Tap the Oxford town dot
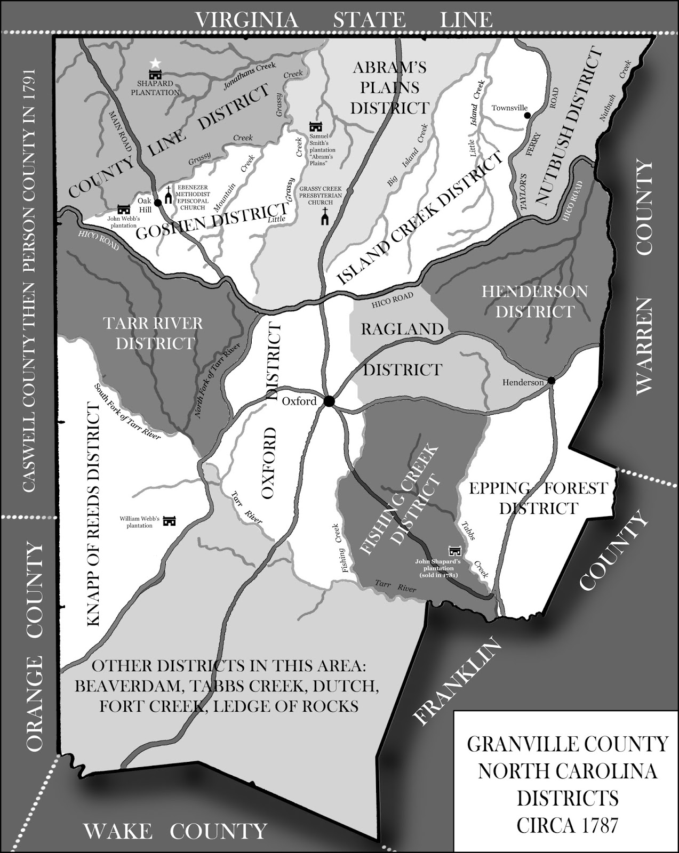pos(329,401)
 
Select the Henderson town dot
pos(552,381)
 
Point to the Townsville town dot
pos(528,115)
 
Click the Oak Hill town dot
pos(157,203)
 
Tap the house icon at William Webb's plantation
pos(169,520)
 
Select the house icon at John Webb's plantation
pos(124,210)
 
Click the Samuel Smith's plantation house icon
pos(316,127)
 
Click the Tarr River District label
pos(154,333)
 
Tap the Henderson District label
pos(534,301)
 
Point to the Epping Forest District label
pos(538,497)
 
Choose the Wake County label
pos(175,831)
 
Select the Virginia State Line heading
pos(343,20)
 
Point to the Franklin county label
pos(459,682)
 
